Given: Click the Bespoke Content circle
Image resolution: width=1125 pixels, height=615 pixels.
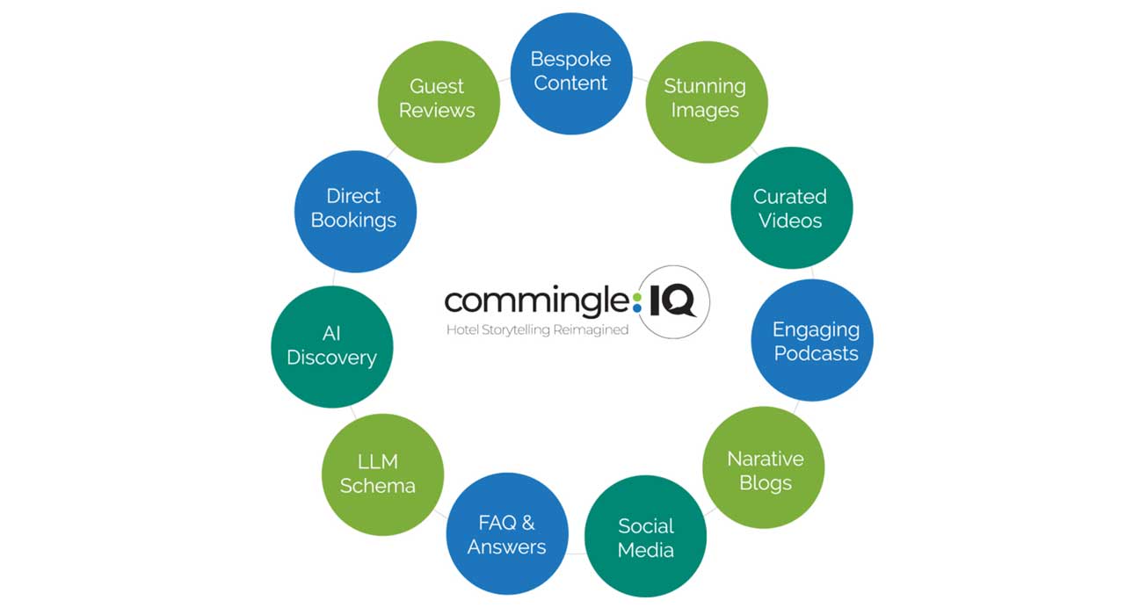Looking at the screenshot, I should click(x=571, y=73).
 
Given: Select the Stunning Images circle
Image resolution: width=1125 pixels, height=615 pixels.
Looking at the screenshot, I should click(x=706, y=101).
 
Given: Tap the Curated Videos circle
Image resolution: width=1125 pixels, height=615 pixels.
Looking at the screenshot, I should click(x=791, y=208).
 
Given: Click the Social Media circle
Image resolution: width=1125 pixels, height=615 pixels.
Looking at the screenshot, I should click(x=645, y=537).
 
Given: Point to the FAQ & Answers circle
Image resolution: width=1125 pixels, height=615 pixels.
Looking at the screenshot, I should click(x=507, y=534).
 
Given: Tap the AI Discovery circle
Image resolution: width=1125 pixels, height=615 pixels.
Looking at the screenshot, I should click(x=331, y=346).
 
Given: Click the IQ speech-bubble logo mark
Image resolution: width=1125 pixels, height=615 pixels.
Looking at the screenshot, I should click(x=671, y=302).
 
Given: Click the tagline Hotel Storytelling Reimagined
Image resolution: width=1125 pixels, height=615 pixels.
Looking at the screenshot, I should click(x=537, y=329).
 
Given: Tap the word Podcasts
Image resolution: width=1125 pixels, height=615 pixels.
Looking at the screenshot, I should click(x=816, y=353).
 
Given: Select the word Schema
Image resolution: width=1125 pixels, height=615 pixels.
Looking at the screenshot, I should click(x=378, y=486).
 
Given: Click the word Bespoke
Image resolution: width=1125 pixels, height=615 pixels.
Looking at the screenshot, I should click(x=570, y=60).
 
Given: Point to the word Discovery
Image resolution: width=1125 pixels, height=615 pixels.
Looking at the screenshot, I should click(x=331, y=358).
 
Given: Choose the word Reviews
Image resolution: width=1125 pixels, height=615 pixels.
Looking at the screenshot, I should click(x=437, y=111).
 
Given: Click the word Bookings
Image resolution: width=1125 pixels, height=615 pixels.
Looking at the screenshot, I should click(x=353, y=221).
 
